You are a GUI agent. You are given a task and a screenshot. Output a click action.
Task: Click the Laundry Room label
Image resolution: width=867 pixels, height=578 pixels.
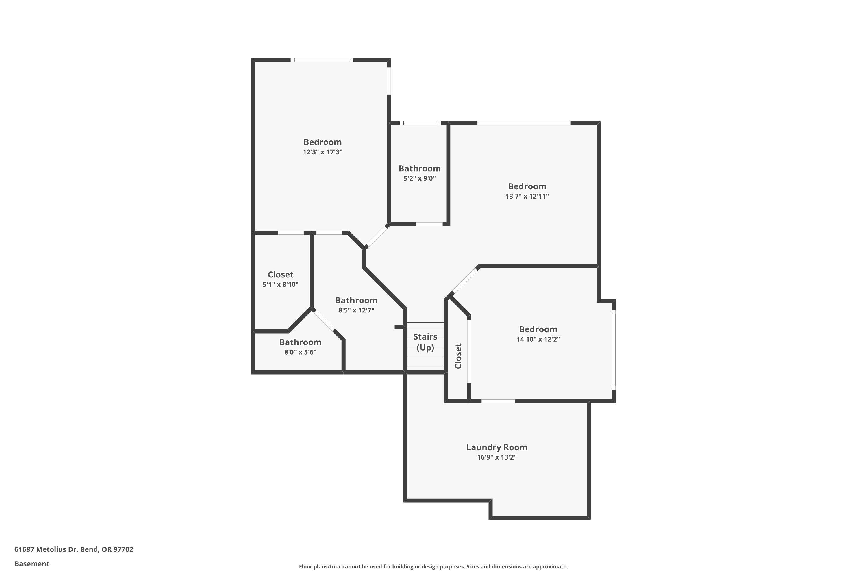[497, 447]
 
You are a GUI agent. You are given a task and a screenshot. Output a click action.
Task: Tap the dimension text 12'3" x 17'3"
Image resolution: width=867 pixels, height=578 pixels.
[323, 152]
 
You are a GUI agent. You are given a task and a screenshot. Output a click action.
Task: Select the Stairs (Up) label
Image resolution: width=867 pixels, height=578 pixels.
[425, 342]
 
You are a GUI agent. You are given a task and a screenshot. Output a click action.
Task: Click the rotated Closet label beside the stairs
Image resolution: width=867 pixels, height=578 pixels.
[458, 356]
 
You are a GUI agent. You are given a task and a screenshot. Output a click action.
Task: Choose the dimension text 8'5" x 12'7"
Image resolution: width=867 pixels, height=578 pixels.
[356, 310]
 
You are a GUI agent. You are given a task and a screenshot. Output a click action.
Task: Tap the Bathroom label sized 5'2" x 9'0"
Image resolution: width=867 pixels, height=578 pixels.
[420, 168]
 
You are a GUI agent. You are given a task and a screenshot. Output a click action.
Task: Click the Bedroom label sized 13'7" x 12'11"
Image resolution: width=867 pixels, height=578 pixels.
[527, 186]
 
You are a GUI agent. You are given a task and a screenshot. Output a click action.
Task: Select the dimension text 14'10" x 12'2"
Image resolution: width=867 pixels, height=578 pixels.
[538, 339]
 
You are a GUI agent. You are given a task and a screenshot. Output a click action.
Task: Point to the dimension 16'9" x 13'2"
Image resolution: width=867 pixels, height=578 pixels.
[497, 457]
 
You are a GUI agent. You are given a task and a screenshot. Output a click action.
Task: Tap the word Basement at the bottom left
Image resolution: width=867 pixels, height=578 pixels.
[32, 564]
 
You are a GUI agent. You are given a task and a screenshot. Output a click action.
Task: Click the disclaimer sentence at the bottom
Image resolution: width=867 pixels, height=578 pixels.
[433, 566]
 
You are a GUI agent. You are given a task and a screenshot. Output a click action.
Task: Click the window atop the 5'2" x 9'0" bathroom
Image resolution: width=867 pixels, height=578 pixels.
[420, 123]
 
